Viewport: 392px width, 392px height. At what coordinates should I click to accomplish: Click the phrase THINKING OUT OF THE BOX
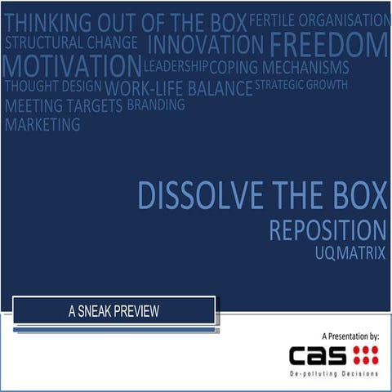point(125,20)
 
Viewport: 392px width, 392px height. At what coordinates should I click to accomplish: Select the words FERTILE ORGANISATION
point(319,20)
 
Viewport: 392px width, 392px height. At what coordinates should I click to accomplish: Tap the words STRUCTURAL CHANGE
point(72,42)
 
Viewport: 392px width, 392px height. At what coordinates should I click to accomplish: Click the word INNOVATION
point(206,43)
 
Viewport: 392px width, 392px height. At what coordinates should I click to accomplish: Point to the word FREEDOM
point(328,43)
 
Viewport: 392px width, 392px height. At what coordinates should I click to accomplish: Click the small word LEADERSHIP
point(176,65)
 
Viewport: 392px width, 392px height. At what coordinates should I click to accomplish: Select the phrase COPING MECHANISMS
point(279,67)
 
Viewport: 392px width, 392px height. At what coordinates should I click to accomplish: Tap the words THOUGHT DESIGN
point(53,86)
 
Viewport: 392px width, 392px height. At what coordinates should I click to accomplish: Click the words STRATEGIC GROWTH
point(301,84)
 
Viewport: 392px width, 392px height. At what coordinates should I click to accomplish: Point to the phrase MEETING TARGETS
point(64,106)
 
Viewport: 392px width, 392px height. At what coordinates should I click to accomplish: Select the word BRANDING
point(156,105)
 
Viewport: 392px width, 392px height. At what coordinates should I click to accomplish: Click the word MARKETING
point(42,125)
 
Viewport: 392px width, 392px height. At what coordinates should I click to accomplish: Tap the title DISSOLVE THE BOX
point(261,196)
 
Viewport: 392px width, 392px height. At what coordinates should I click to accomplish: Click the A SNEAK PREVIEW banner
point(114,310)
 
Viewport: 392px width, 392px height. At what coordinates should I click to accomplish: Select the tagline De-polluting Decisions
point(335,373)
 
